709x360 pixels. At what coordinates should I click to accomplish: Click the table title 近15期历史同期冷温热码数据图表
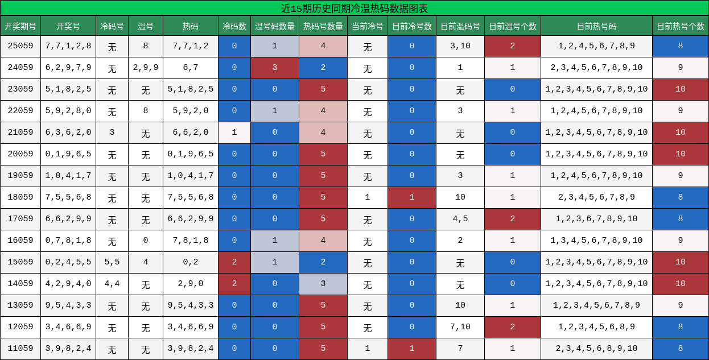click(354, 8)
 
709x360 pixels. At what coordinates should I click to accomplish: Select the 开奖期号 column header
click(20, 26)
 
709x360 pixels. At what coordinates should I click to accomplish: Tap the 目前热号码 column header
click(596, 26)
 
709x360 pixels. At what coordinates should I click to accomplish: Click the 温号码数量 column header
click(275, 26)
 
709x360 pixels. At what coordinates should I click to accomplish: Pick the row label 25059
click(20, 46)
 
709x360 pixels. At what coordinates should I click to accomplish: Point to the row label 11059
click(20, 349)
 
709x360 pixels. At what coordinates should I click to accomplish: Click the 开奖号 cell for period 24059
click(68, 68)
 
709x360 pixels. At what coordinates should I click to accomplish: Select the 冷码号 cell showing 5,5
click(112, 262)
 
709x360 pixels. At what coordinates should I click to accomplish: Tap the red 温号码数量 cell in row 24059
click(275, 68)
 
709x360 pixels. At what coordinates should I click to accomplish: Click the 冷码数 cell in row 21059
click(234, 133)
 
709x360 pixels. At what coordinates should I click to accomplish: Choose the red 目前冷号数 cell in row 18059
click(412, 197)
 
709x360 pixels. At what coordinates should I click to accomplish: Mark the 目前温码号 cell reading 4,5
click(460, 219)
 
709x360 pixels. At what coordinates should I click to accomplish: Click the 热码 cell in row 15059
click(191, 262)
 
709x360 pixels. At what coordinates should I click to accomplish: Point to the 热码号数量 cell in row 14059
click(323, 284)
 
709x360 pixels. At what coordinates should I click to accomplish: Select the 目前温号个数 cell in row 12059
click(513, 327)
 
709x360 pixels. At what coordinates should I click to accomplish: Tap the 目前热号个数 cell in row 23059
click(681, 89)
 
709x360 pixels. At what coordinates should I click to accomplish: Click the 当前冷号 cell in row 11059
click(368, 349)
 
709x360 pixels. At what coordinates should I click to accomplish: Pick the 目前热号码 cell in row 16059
click(596, 241)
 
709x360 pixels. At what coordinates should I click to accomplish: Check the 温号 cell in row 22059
click(146, 111)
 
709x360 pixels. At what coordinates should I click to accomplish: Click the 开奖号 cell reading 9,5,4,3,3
click(68, 305)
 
